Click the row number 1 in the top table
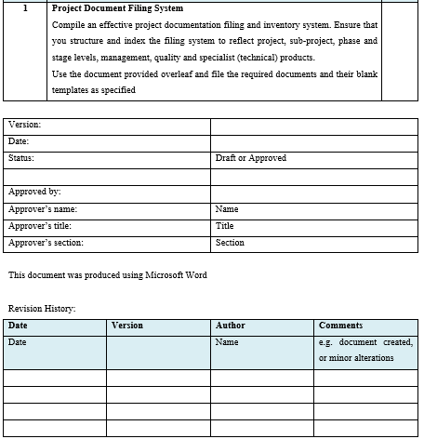(25, 8)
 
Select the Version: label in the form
(25, 125)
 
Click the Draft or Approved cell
(250, 158)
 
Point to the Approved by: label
(34, 193)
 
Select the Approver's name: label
(43, 209)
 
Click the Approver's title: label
(42, 226)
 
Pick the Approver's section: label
(46, 243)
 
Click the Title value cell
(224, 226)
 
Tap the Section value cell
(230, 243)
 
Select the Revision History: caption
(42, 309)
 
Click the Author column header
(230, 326)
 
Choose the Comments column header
(340, 326)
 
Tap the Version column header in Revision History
(126, 326)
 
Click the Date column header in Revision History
(18, 326)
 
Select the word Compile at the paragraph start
(68, 25)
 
